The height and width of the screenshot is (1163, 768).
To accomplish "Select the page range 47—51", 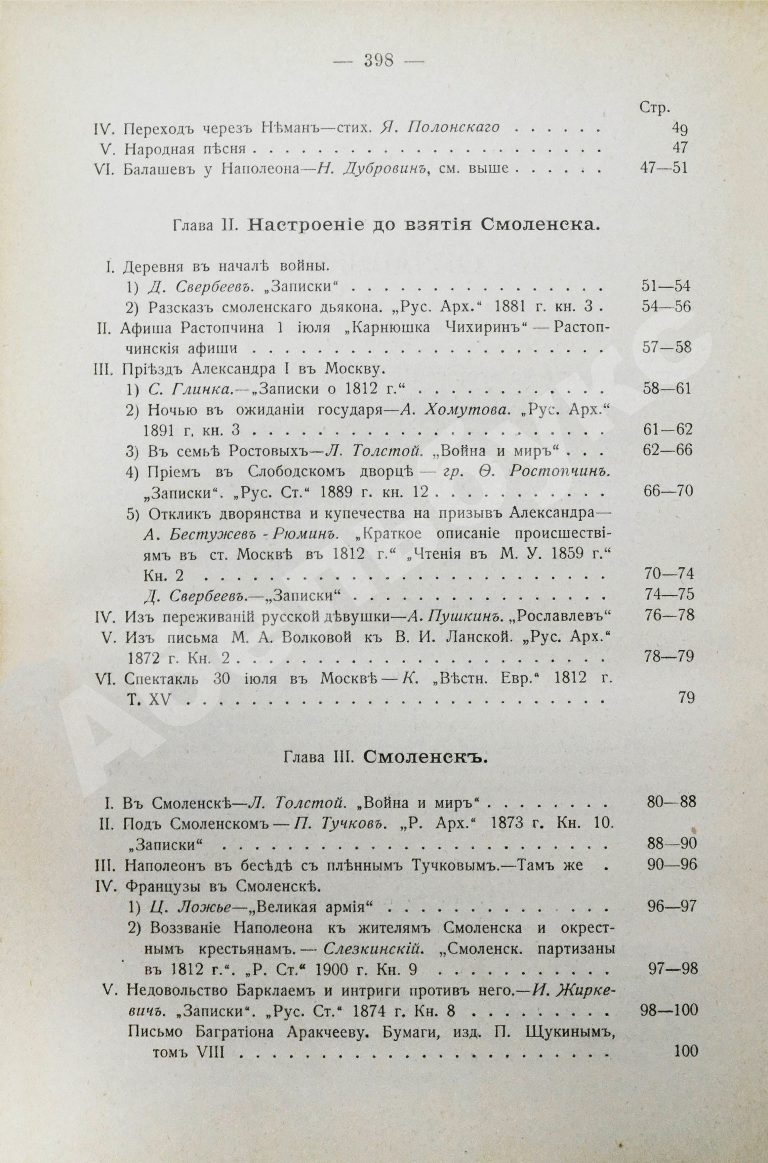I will coord(664,168).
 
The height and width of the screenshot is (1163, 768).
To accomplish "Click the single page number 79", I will coord(685,697).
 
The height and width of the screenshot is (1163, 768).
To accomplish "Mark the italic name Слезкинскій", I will coord(387,948).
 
